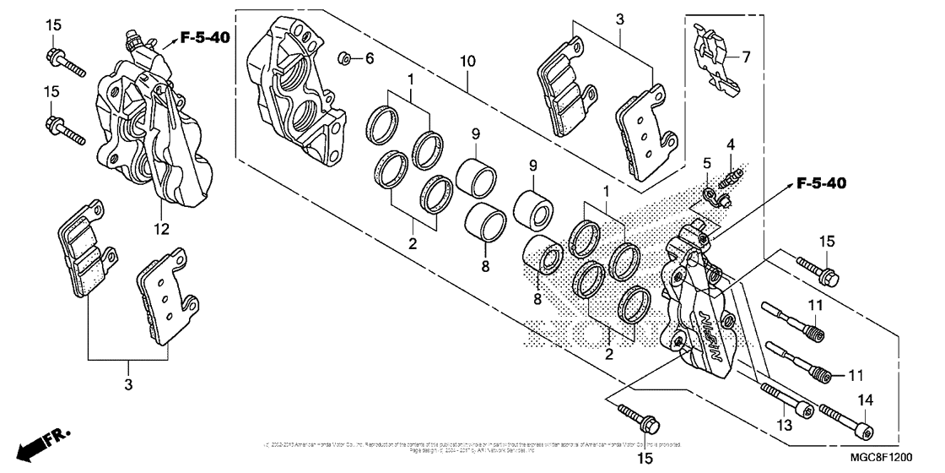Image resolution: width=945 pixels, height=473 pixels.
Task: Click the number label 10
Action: pos(468,62)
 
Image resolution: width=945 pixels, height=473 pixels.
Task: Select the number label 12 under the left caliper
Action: pos(162,228)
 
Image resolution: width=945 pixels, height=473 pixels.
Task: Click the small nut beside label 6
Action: pos(345,58)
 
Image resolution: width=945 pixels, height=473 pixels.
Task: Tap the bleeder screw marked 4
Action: pos(730,177)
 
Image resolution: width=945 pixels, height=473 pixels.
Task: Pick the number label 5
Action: pos(707,162)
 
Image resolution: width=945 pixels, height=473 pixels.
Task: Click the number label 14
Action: pos(866,400)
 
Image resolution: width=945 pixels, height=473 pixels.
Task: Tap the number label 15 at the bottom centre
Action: pos(645,458)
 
